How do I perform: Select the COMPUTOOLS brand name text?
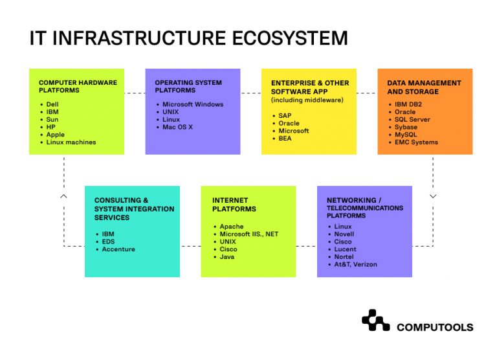coord(434,328)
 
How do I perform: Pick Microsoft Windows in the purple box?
coord(193,104)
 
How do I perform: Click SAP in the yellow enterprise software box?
coord(285,115)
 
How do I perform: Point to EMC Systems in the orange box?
coord(416,142)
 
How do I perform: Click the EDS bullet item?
coord(109,242)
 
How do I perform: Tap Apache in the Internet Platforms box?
coord(232,227)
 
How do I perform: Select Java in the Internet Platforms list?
coord(227,257)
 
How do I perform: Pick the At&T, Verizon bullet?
coord(355,264)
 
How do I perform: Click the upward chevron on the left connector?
coord(63,195)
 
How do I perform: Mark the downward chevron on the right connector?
coord(433,196)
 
